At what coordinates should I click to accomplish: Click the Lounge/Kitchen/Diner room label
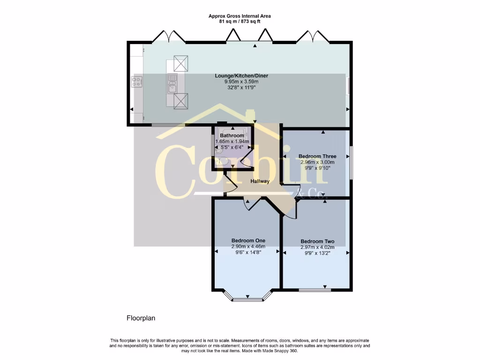click(x=241, y=75)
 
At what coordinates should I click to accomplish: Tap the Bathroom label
click(x=232, y=135)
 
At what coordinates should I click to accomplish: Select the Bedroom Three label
click(x=317, y=156)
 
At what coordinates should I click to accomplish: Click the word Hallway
click(x=260, y=181)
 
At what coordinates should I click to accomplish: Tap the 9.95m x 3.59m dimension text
click(x=241, y=82)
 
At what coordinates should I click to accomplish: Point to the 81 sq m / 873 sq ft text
click(x=240, y=22)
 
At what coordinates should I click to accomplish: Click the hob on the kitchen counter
click(x=137, y=82)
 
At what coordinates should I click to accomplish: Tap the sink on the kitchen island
click(x=172, y=86)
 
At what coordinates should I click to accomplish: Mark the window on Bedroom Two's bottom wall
click(x=315, y=290)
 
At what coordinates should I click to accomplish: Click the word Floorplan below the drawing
click(x=141, y=318)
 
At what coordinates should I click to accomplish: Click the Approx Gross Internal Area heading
click(x=240, y=16)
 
